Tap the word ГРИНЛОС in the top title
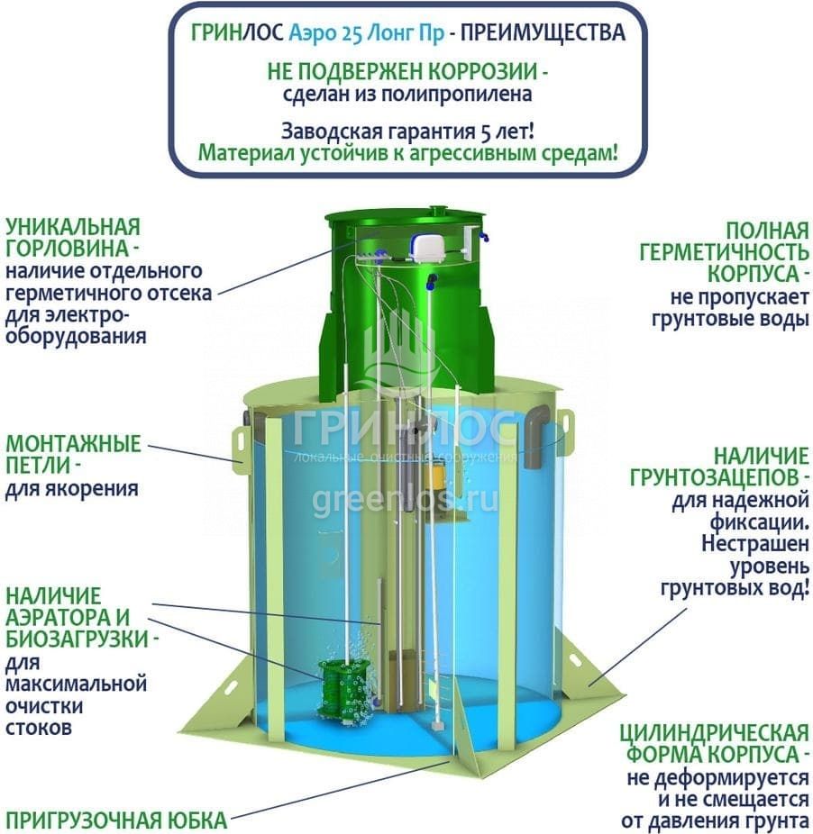[x=237, y=33]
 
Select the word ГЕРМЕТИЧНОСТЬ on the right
[x=725, y=252]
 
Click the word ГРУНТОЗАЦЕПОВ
[x=731, y=476]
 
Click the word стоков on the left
[x=38, y=728]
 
